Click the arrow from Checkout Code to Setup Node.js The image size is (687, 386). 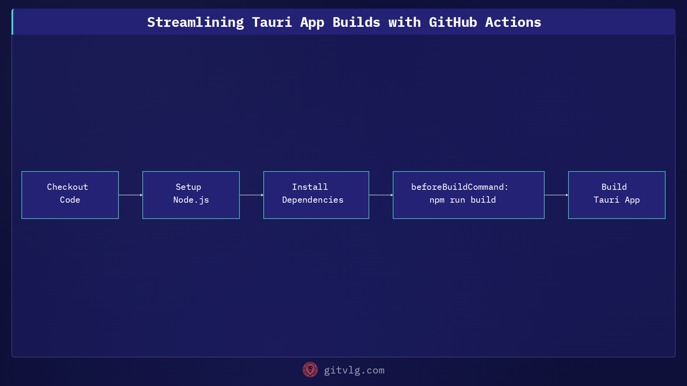point(131,195)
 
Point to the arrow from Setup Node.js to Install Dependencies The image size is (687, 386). point(252,195)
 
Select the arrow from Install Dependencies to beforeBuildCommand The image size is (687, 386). point(381,195)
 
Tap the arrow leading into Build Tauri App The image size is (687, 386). point(556,195)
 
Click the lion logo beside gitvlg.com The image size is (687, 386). point(310,370)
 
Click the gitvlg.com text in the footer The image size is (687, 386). point(354,370)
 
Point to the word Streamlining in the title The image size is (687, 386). point(195,23)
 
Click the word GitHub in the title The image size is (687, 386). point(453,23)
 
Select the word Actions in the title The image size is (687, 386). point(513,23)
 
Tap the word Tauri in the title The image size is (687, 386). point(272,23)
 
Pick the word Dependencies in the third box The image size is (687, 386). point(313,200)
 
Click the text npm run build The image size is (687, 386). point(463,200)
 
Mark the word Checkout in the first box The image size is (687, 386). point(67,187)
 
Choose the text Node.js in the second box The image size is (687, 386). point(191,200)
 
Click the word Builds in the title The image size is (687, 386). point(356,23)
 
